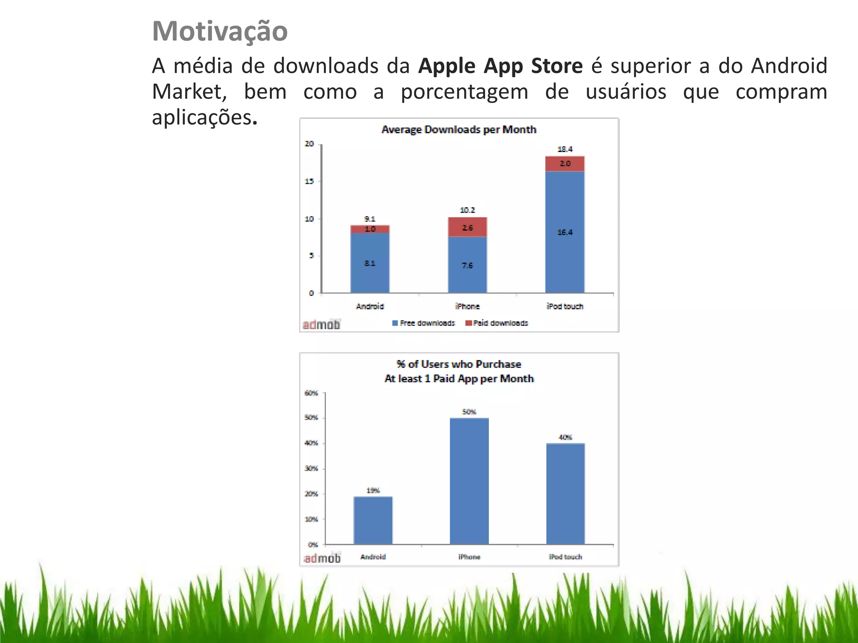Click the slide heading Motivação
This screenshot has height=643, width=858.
pyautogui.click(x=220, y=31)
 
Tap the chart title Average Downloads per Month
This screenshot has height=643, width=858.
pyautogui.click(x=459, y=129)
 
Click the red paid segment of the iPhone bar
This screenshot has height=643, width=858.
pyautogui.click(x=468, y=227)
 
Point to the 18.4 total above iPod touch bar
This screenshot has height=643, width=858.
pyautogui.click(x=565, y=149)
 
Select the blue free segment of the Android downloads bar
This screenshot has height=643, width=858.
pyautogui.click(x=370, y=263)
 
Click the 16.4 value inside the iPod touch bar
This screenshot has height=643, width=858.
pyautogui.click(x=565, y=232)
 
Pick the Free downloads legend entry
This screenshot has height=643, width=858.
pyautogui.click(x=424, y=323)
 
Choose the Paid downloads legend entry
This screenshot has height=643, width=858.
pyautogui.click(x=497, y=323)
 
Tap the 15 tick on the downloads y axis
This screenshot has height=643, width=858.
pyautogui.click(x=309, y=181)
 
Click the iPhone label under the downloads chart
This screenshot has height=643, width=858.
pyautogui.click(x=468, y=306)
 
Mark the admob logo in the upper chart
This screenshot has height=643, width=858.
pyautogui.click(x=322, y=324)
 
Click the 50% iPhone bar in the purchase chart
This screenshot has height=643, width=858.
pyautogui.click(x=469, y=481)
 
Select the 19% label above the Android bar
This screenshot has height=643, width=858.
pyautogui.click(x=373, y=490)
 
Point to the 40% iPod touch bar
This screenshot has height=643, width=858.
pyautogui.click(x=566, y=494)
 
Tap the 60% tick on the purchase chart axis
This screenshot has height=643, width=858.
pyautogui.click(x=311, y=393)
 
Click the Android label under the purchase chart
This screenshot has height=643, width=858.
pyautogui.click(x=373, y=557)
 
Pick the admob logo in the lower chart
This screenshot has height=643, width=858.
pyautogui.click(x=323, y=558)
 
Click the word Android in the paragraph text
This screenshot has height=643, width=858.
pyautogui.click(x=789, y=66)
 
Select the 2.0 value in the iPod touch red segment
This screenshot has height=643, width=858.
pyautogui.click(x=565, y=164)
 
